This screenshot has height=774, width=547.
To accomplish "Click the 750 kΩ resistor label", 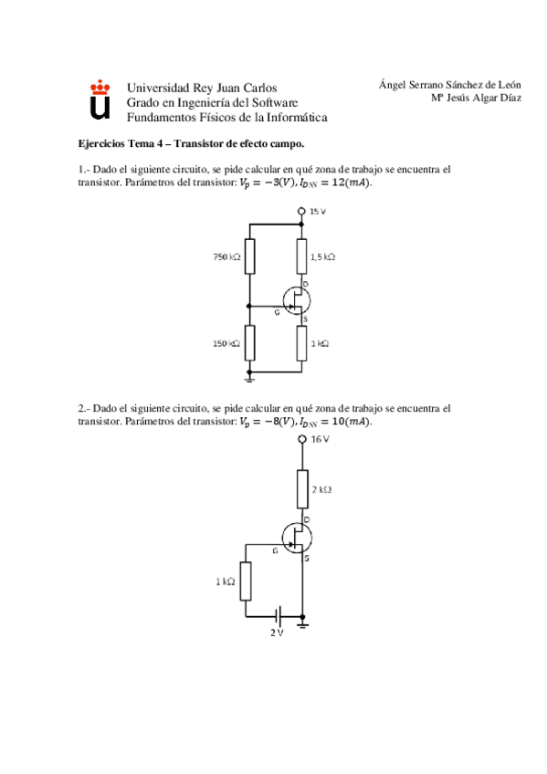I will click(226, 257).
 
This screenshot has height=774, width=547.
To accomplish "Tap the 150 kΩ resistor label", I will click(226, 343).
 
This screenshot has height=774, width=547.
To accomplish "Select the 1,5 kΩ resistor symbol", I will click(301, 257).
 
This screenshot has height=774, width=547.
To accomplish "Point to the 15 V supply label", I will click(317, 212).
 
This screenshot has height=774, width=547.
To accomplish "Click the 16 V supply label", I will click(319, 439).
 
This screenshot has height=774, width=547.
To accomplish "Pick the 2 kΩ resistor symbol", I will click(302, 489).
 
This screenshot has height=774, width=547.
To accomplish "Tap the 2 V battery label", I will click(277, 633).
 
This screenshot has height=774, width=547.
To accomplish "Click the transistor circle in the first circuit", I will click(297, 300).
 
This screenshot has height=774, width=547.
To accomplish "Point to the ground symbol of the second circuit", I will click(302, 624).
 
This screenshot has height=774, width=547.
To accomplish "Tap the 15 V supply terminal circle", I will click(301, 212).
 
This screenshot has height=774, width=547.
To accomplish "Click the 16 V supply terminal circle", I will click(302, 439).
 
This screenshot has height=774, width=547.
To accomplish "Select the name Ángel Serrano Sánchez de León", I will click(449, 85).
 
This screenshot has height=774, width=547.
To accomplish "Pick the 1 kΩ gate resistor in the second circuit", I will click(246, 581).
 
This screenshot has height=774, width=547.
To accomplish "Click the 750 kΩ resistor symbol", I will click(248, 257).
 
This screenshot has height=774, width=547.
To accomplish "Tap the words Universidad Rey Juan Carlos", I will click(195, 88).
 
